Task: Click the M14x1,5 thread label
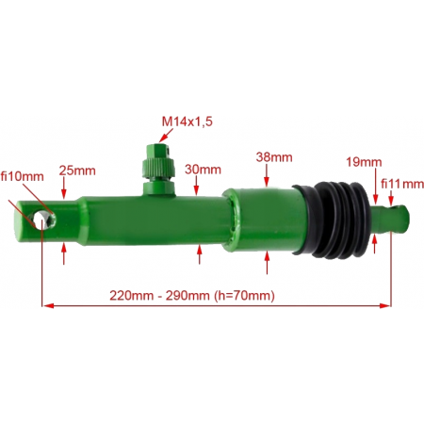click(x=188, y=122)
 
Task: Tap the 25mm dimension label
click(x=77, y=171)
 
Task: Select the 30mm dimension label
click(x=203, y=170)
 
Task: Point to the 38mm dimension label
click(x=274, y=156)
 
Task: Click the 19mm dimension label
click(x=364, y=162)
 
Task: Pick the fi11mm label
click(x=402, y=184)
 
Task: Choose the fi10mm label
click(x=23, y=176)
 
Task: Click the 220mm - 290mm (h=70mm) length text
click(x=192, y=295)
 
